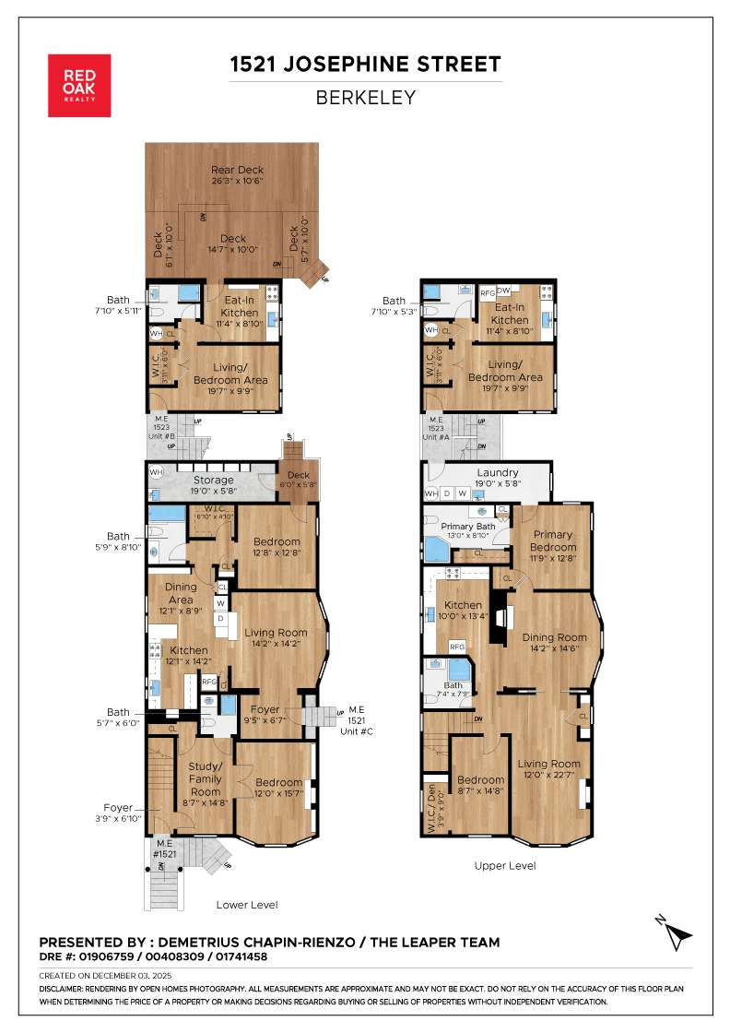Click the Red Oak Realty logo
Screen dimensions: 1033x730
tap(79, 86)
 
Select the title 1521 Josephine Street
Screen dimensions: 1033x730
tap(366, 64)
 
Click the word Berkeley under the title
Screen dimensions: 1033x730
tap(366, 97)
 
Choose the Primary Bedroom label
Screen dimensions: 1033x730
tap(552, 540)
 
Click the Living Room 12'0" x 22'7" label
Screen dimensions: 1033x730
tap(548, 768)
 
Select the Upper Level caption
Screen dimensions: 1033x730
tap(504, 866)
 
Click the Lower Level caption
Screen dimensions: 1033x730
tap(246, 905)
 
